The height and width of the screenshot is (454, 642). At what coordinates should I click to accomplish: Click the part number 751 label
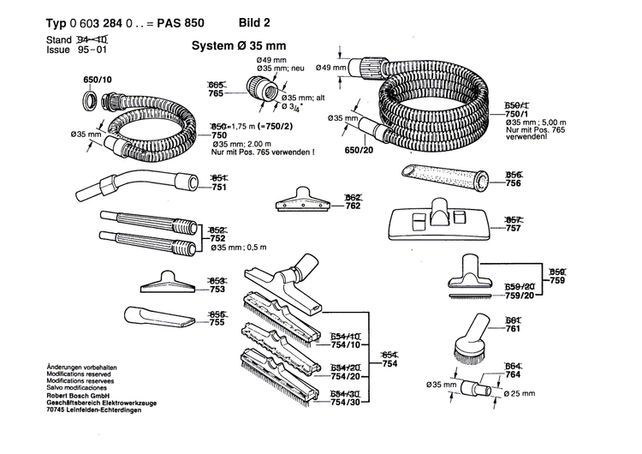[x=219, y=188]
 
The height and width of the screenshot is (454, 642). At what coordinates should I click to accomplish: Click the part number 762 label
[x=353, y=206]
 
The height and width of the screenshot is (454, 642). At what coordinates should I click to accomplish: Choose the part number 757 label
[x=514, y=230]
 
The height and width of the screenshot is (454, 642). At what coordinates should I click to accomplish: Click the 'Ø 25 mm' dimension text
[x=519, y=393]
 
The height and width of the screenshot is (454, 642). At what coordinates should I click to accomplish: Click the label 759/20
[x=519, y=296]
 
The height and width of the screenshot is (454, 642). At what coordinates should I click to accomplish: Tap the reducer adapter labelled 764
[x=475, y=388]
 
